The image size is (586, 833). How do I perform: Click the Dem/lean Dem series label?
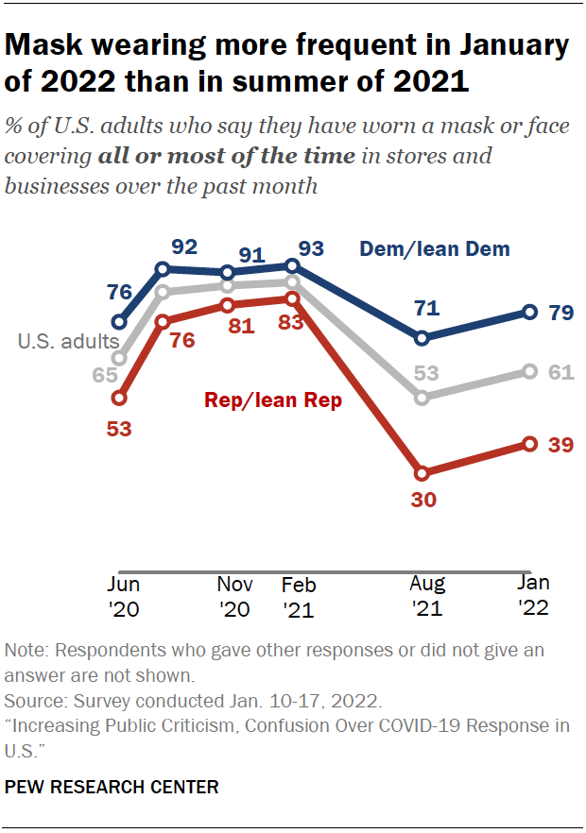[x=435, y=249]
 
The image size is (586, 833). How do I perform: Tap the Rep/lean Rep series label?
[x=273, y=400]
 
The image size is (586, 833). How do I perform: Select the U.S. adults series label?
[x=68, y=342]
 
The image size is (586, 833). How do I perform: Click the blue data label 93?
[x=311, y=249]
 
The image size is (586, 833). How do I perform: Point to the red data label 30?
[x=422, y=500]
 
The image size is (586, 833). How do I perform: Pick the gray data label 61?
[x=561, y=372]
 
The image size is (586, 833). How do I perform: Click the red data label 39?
[x=561, y=444]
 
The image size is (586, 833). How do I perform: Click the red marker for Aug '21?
[x=422, y=472]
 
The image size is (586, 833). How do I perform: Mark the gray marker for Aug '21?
[x=422, y=398]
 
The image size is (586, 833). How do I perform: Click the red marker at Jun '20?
[x=119, y=399]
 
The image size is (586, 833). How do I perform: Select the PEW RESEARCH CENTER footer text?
[x=112, y=787]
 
